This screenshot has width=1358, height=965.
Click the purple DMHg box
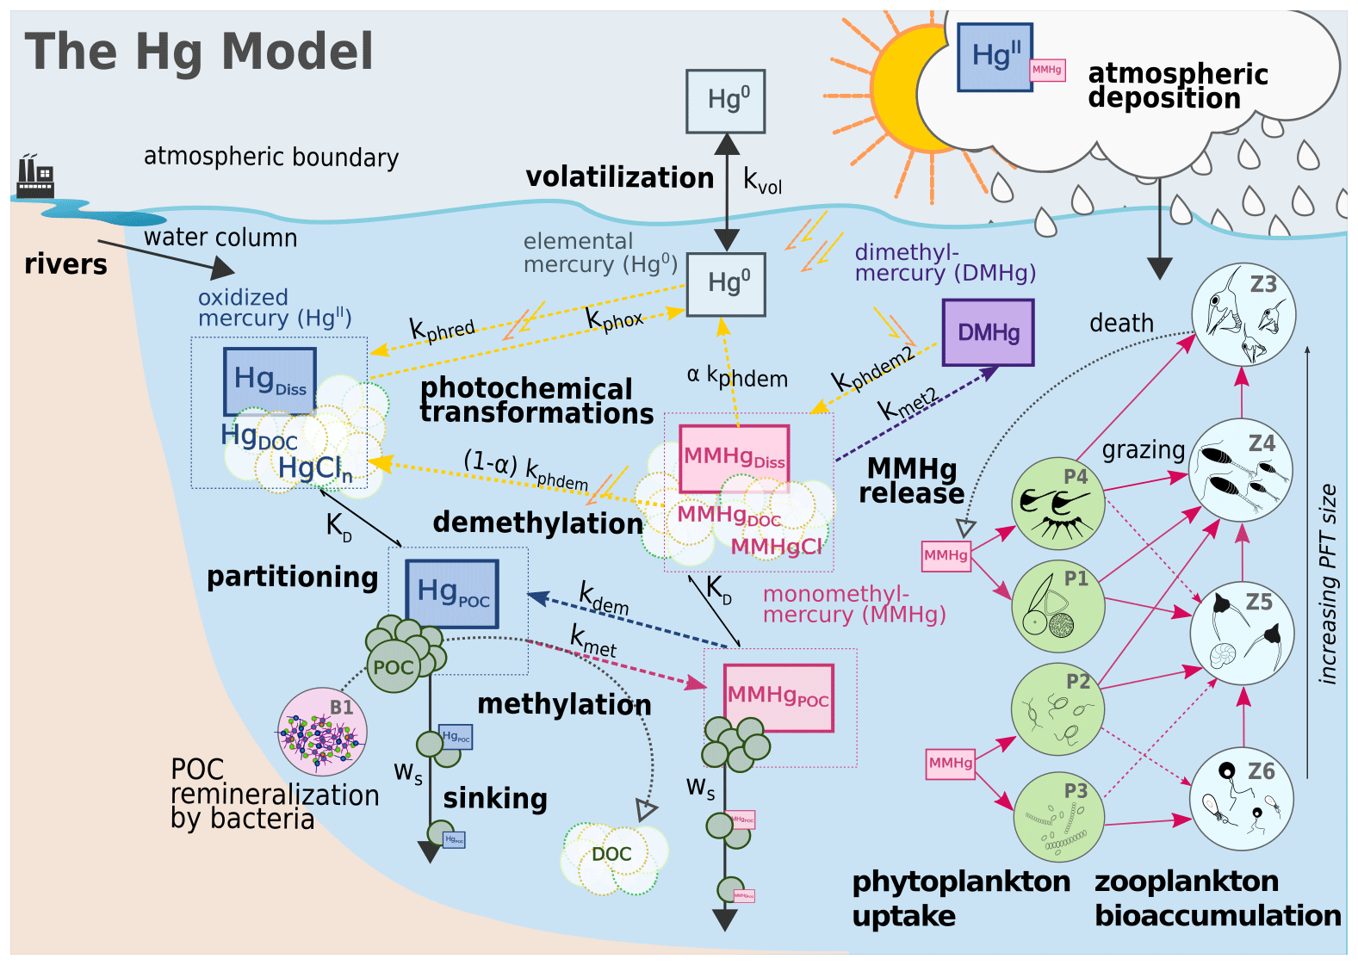988,332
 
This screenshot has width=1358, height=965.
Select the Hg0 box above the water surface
725,102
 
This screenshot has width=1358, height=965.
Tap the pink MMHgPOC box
778,697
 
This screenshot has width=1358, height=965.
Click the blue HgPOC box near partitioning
452,593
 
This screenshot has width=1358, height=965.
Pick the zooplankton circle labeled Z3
1243,314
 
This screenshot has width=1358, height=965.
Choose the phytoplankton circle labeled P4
1057,504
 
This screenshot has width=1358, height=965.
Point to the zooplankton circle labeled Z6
1242,799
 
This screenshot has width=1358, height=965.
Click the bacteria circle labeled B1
322,732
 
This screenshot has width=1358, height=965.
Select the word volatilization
619,177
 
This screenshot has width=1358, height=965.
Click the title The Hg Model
199,52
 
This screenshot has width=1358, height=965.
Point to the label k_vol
763,182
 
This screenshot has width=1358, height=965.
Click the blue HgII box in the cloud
995,57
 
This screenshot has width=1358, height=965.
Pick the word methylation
564,704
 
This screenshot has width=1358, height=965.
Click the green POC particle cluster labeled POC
394,666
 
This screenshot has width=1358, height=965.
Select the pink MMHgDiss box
734,457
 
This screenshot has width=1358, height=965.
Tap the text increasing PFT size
1328,585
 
